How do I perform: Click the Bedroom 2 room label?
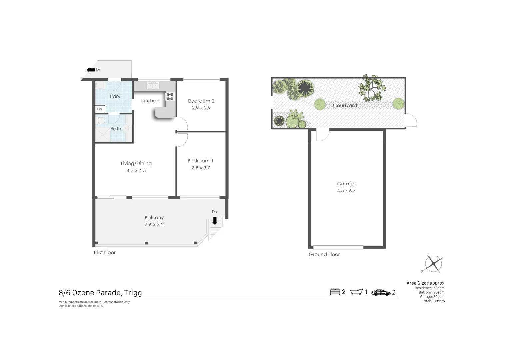tap(201, 101)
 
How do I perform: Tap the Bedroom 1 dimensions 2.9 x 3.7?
tap(201, 168)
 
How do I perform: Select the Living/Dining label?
tap(136, 163)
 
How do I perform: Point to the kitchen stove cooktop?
tap(170, 97)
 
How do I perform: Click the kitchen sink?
tap(153, 86)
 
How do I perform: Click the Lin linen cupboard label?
tap(100, 109)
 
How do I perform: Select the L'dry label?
tap(115, 96)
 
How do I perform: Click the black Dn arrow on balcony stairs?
tap(215, 221)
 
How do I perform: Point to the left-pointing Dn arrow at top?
tap(91, 70)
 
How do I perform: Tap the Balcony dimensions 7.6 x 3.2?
tap(154, 225)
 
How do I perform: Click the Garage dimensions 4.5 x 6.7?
tap(346, 191)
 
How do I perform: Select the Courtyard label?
tap(345, 106)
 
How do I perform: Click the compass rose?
tap(433, 264)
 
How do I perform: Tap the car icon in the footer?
tap(381, 293)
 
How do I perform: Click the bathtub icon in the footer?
tap(356, 292)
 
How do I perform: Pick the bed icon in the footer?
tap(335, 292)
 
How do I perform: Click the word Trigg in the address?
tap(133, 293)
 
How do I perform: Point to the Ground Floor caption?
tap(324, 254)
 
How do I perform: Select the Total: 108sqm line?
tap(433, 301)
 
